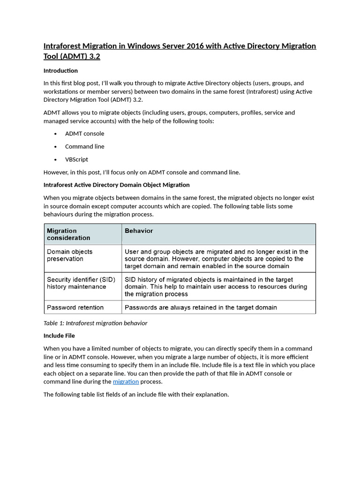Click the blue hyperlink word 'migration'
tap(126, 382)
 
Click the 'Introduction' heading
tap(60, 70)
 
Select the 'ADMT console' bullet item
tap(84, 134)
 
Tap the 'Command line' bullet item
tap(84, 146)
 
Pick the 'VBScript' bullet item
tap(76, 159)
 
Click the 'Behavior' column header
tap(139, 231)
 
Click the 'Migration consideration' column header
tap(68, 234)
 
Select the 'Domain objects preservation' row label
tap(69, 255)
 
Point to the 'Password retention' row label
tap(75, 307)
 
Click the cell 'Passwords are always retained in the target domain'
tap(201, 307)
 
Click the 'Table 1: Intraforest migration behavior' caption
tap(95, 323)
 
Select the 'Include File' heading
tap(59, 336)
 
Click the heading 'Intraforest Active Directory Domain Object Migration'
tap(116, 185)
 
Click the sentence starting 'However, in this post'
tap(142, 172)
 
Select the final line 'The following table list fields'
tap(136, 394)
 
